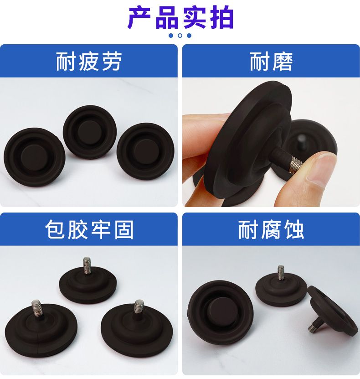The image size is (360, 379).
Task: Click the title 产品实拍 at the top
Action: click(x=180, y=17)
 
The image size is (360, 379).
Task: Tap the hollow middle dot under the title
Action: click(x=180, y=36)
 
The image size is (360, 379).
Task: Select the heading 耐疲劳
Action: click(x=88, y=62)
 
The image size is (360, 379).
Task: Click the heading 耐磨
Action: click(x=271, y=62)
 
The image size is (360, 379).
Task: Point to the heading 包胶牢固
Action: click(x=89, y=229)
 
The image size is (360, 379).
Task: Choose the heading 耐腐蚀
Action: click(x=271, y=229)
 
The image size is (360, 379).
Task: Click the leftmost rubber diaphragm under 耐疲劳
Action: click(x=35, y=157)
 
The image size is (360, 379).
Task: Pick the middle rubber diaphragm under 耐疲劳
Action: click(x=90, y=131)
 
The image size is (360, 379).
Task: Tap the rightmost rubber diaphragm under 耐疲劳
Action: click(x=145, y=151)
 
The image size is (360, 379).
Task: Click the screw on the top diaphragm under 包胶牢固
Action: click(x=87, y=265)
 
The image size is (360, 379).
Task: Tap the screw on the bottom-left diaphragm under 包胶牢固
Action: click(x=36, y=308)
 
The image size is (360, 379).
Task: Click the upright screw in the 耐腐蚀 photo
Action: click(x=281, y=272)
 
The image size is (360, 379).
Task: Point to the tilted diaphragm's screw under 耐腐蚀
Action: click(x=314, y=325)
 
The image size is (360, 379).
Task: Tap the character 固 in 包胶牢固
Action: click(x=123, y=229)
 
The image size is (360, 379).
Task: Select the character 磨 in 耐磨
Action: click(x=282, y=62)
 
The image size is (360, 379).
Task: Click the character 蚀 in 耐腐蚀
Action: click(x=294, y=229)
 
